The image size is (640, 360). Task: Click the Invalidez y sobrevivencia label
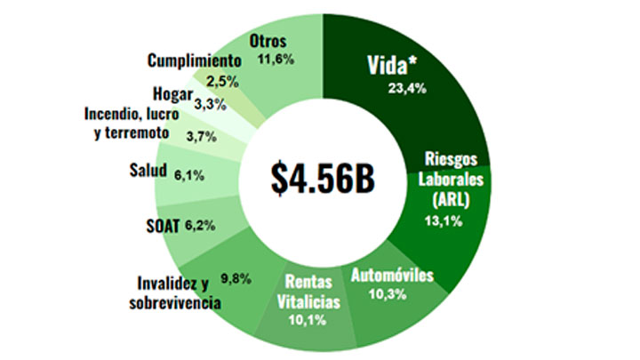click(x=174, y=293)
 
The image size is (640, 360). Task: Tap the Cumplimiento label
click(x=195, y=61)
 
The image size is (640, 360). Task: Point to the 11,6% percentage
click(x=276, y=60)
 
